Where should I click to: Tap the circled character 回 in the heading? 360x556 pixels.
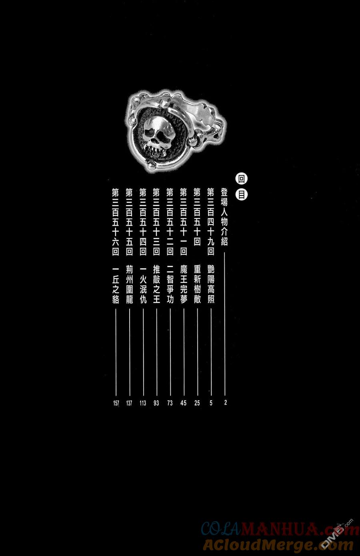coord(242,179)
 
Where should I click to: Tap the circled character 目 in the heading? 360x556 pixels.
coord(242,195)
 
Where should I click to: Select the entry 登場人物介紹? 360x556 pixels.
coord(224,217)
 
